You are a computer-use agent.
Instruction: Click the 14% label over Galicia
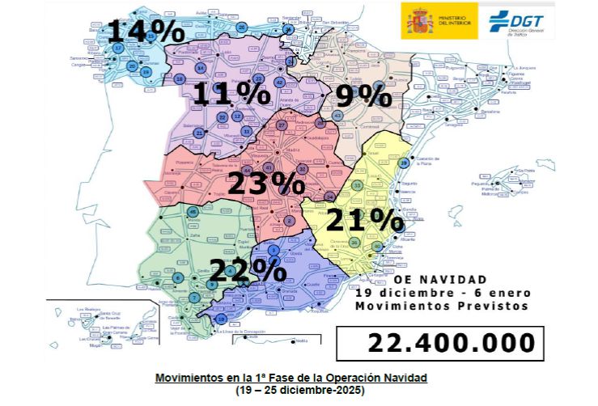(x=146, y=32)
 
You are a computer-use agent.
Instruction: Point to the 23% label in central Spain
(x=265, y=183)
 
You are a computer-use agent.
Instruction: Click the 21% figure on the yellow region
(x=365, y=219)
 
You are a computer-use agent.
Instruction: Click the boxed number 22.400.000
(x=451, y=342)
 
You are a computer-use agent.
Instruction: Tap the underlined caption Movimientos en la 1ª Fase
(x=291, y=378)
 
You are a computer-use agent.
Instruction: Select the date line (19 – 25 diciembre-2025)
(x=291, y=390)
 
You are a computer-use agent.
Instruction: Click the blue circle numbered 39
(x=404, y=163)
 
